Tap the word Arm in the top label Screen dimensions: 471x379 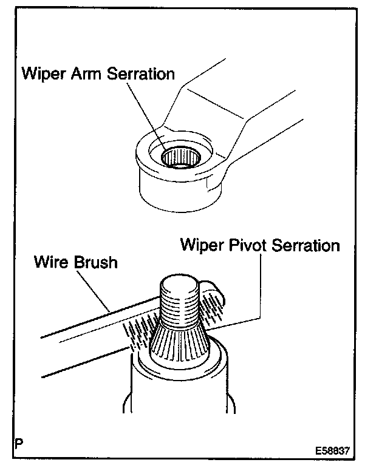click(x=87, y=75)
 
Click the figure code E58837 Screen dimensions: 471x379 click(x=333, y=452)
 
